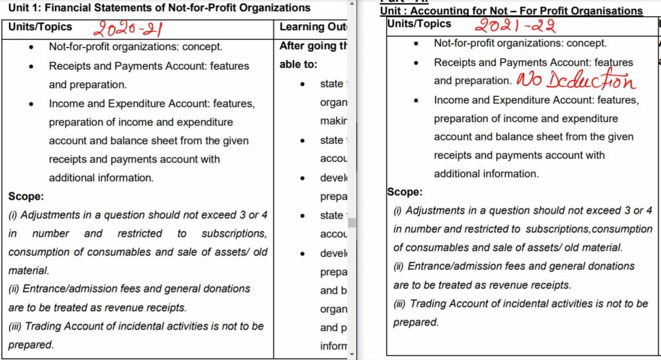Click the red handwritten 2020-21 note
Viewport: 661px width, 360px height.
(x=128, y=29)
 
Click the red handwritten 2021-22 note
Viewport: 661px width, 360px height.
(x=514, y=26)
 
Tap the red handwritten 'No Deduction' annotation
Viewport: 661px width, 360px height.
(x=575, y=81)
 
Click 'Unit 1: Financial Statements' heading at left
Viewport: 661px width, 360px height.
(x=159, y=8)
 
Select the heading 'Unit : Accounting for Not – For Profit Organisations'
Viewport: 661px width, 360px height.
(x=511, y=11)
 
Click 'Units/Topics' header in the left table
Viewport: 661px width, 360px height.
(x=40, y=27)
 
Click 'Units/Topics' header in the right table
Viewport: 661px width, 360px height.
(x=419, y=24)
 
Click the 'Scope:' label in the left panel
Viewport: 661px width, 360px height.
(x=26, y=196)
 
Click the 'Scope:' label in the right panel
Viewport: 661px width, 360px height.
(x=405, y=192)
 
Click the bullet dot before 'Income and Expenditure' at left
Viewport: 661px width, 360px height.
(x=32, y=103)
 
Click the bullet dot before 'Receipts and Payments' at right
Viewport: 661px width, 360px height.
(x=418, y=63)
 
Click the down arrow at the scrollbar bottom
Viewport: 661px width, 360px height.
(x=352, y=354)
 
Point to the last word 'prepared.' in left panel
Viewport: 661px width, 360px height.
(x=31, y=345)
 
